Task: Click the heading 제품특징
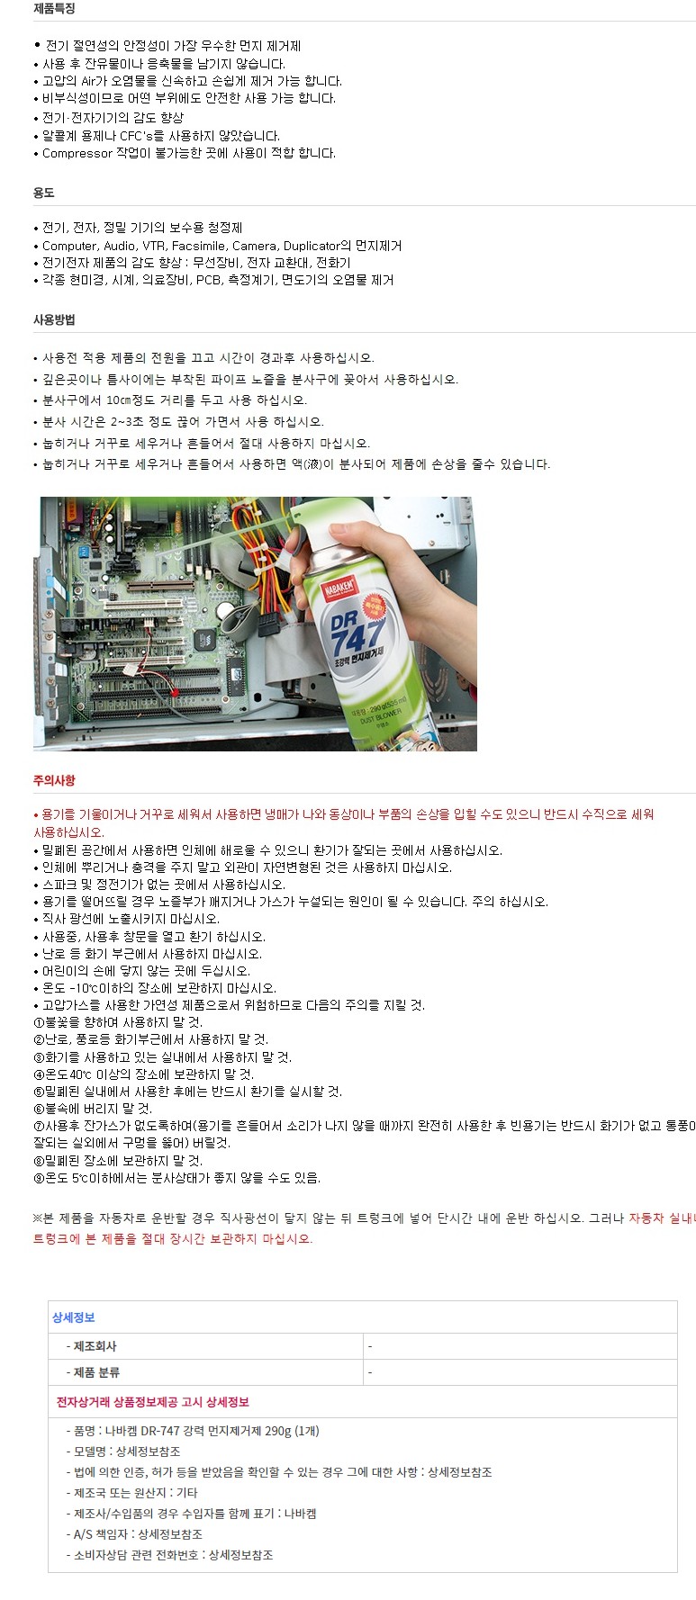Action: (x=54, y=8)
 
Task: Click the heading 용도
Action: (x=44, y=193)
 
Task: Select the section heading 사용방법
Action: (x=54, y=319)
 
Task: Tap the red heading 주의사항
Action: (x=54, y=780)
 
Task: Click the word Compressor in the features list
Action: (x=77, y=154)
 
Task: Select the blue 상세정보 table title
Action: (x=74, y=1317)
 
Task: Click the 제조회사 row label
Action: (x=95, y=1346)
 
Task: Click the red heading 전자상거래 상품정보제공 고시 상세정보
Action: (x=153, y=1402)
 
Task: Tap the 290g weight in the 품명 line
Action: (x=278, y=1431)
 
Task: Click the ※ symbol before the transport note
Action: (x=38, y=1218)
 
